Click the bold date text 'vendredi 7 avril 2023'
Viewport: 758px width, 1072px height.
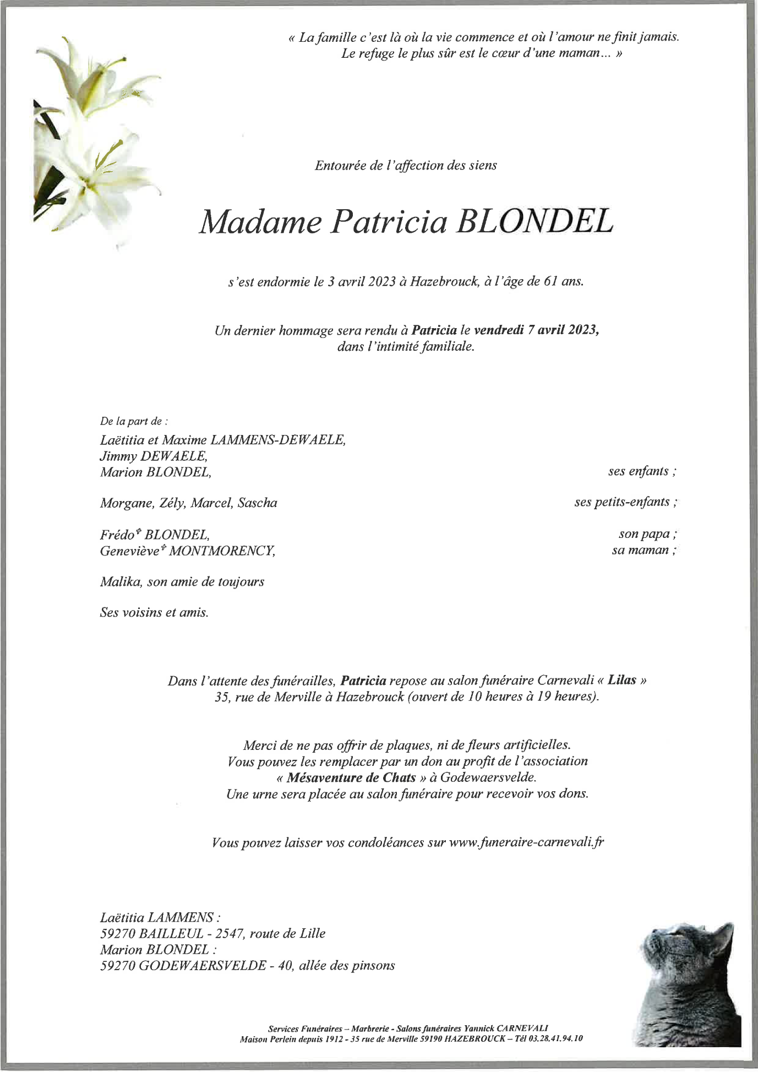(x=536, y=330)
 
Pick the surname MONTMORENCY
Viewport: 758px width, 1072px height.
(x=221, y=550)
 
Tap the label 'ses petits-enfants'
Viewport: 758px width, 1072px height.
(x=625, y=502)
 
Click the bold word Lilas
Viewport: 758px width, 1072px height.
(x=621, y=680)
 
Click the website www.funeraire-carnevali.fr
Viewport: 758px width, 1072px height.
(x=526, y=842)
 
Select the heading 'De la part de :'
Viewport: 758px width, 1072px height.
(x=133, y=422)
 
